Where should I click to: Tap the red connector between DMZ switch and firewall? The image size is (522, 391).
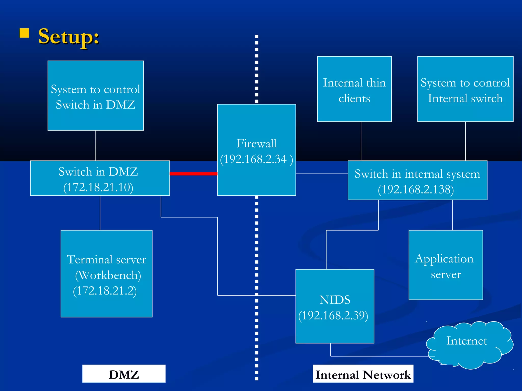pos(193,174)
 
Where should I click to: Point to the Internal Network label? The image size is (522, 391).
pos(363,374)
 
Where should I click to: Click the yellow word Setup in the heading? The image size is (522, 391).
pos(68,37)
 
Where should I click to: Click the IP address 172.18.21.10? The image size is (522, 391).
pos(98,187)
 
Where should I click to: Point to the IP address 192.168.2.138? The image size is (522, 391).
pos(416,190)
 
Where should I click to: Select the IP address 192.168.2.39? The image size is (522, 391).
pos(333,316)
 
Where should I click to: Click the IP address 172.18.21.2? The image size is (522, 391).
pos(105,291)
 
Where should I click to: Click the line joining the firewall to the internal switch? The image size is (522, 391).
pos(322,174)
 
